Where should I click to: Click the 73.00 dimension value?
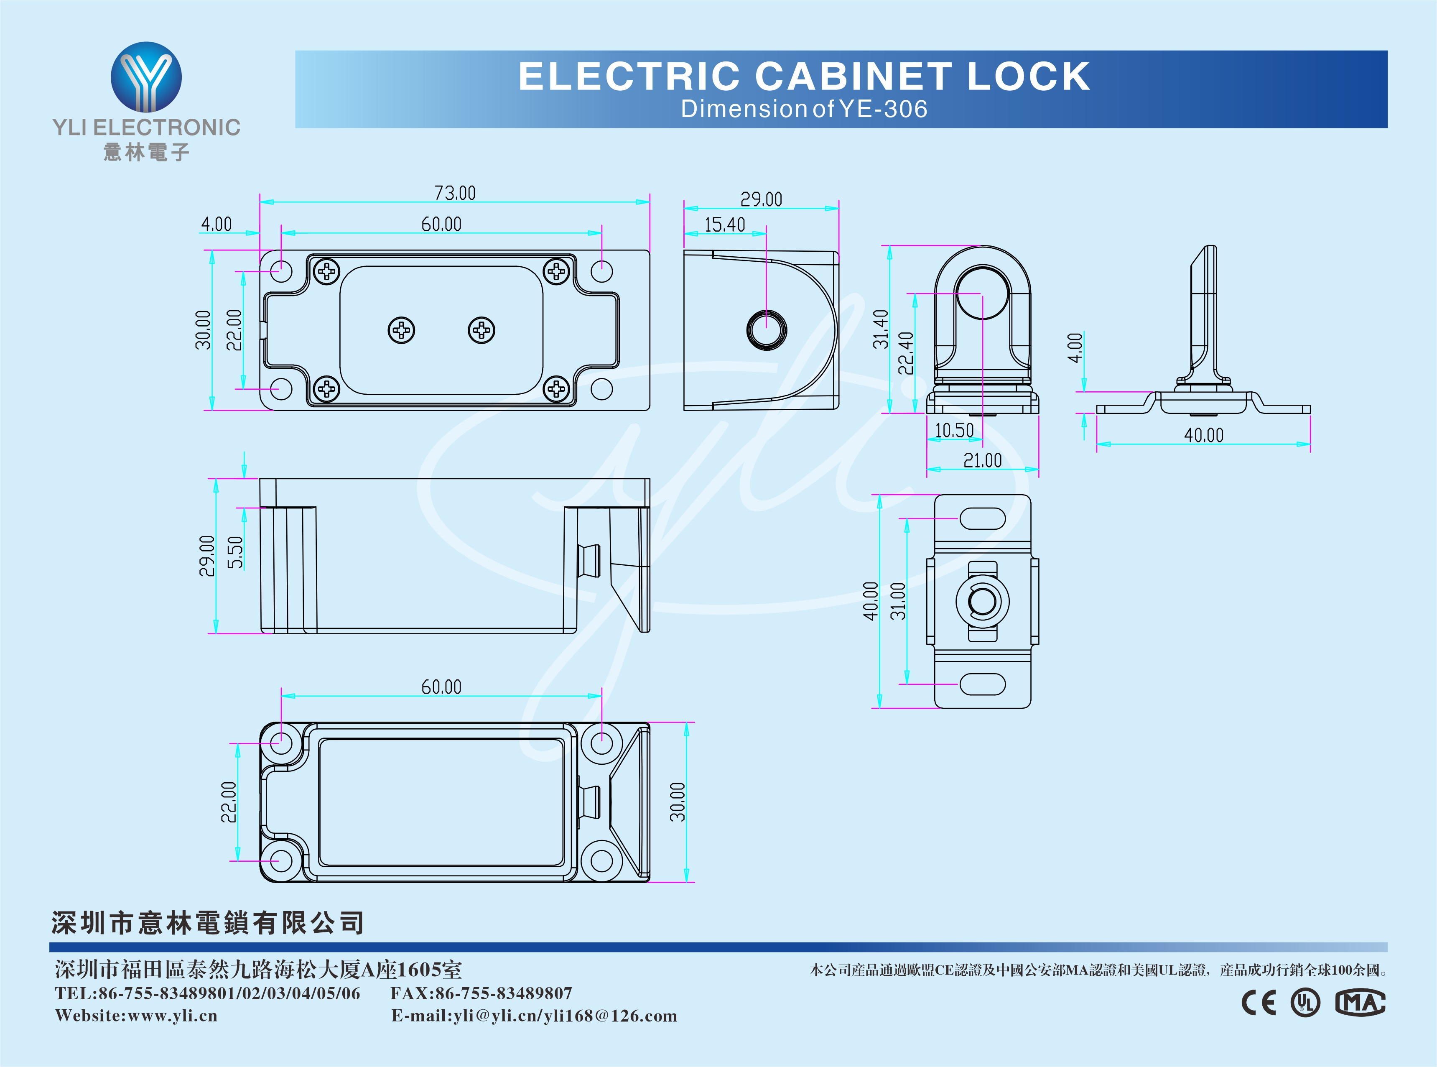point(454,193)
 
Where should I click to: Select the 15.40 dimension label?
point(724,225)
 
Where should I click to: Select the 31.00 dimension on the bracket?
point(898,601)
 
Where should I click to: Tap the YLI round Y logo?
point(146,77)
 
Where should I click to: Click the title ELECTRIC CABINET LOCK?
point(804,76)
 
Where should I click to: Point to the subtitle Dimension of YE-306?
point(804,109)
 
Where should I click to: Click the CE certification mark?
point(1259,1003)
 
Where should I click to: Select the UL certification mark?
point(1305,1003)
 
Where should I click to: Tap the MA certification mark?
point(1360,1003)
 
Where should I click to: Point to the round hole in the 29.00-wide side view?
point(766,330)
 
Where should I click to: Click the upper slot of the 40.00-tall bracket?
point(983,518)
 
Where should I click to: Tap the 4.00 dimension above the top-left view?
point(216,224)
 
